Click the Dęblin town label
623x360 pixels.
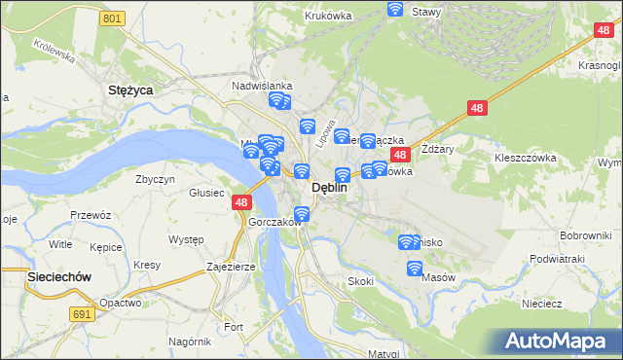(328, 190)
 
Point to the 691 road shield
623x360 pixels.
(83, 313)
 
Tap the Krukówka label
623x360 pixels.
(327, 16)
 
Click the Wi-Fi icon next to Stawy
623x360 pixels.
(395, 10)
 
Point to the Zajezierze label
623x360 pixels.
(230, 266)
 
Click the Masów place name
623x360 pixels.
(439, 277)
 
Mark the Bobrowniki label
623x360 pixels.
(585, 236)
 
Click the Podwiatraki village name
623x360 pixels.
(557, 259)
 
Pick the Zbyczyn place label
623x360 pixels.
(156, 179)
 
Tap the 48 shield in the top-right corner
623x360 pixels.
(603, 31)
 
